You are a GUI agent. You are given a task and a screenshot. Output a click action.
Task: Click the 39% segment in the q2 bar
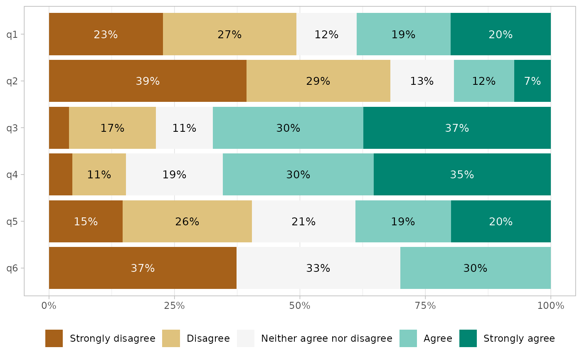click(148, 81)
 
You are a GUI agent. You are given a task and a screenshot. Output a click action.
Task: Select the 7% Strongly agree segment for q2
click(533, 81)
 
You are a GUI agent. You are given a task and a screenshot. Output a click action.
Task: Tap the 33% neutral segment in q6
click(318, 268)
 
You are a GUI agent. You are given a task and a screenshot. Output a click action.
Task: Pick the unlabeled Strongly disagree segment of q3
click(59, 128)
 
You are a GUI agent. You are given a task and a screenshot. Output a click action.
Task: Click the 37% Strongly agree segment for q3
click(457, 128)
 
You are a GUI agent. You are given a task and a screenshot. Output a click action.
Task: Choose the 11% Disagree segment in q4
click(99, 175)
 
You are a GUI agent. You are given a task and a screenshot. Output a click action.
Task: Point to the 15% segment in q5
click(86, 222)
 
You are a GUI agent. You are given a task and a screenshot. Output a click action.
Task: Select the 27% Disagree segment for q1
click(229, 34)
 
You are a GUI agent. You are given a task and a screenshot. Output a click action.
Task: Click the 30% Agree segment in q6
click(475, 268)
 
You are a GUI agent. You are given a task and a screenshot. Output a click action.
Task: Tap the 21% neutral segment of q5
click(303, 222)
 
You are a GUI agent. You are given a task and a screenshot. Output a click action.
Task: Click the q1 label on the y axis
click(12, 34)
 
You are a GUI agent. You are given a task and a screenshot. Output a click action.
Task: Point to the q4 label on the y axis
click(12, 175)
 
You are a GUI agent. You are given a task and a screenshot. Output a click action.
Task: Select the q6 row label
click(12, 268)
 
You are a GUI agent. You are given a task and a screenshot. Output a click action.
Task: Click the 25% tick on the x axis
click(174, 306)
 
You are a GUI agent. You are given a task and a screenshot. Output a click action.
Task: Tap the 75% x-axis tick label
click(425, 306)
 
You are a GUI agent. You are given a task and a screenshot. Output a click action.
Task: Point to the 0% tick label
click(49, 306)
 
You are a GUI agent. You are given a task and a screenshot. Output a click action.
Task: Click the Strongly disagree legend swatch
click(54, 338)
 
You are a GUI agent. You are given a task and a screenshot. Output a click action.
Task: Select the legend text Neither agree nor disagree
click(326, 338)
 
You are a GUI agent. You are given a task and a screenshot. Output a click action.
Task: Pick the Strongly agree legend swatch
click(468, 338)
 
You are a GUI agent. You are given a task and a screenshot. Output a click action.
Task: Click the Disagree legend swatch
click(171, 338)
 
